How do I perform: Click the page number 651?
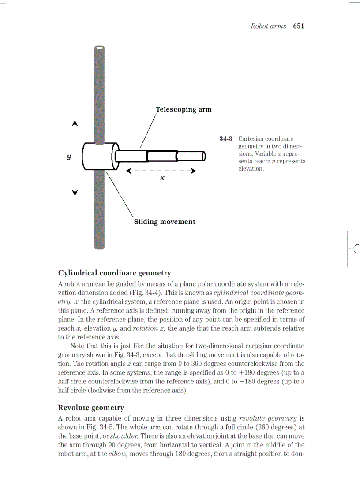pyautogui.click(x=298, y=26)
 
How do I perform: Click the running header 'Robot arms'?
pyautogui.click(x=268, y=26)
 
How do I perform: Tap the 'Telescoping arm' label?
pyautogui.click(x=183, y=109)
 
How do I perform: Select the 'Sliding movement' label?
pyautogui.click(x=165, y=222)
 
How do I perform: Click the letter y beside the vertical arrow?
pyautogui.click(x=69, y=156)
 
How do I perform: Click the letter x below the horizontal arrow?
pyautogui.click(x=162, y=178)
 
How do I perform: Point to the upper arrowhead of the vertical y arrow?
pyautogui.click(x=75, y=123)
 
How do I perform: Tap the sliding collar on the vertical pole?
pyautogui.click(x=100, y=156)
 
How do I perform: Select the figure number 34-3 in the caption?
pyautogui.click(x=226, y=139)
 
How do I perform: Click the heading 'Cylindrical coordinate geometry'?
pyautogui.click(x=114, y=273)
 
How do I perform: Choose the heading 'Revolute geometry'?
pyautogui.click(x=91, y=408)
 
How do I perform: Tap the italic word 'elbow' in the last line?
pyautogui.click(x=118, y=453)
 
